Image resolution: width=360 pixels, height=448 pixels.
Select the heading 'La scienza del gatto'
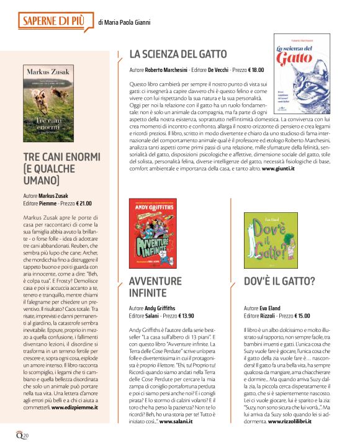tap(178, 54)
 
